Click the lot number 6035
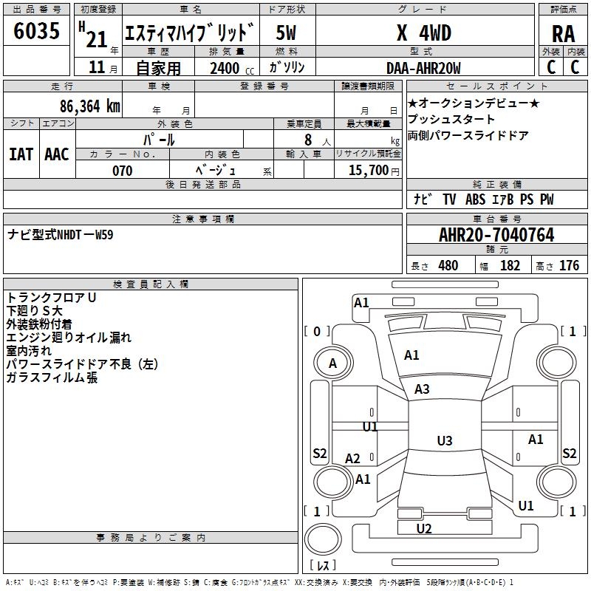click(37, 32)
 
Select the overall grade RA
click(563, 33)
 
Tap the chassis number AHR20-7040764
click(496, 235)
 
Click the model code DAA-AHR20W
click(423, 68)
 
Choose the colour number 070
click(122, 171)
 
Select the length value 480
click(448, 265)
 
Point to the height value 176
click(569, 265)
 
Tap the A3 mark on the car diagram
click(422, 389)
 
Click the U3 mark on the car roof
click(444, 440)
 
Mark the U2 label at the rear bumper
click(424, 528)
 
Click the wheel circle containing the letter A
click(332, 363)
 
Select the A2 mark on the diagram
click(353, 459)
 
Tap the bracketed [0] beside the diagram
click(317, 332)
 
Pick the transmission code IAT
click(21, 154)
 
